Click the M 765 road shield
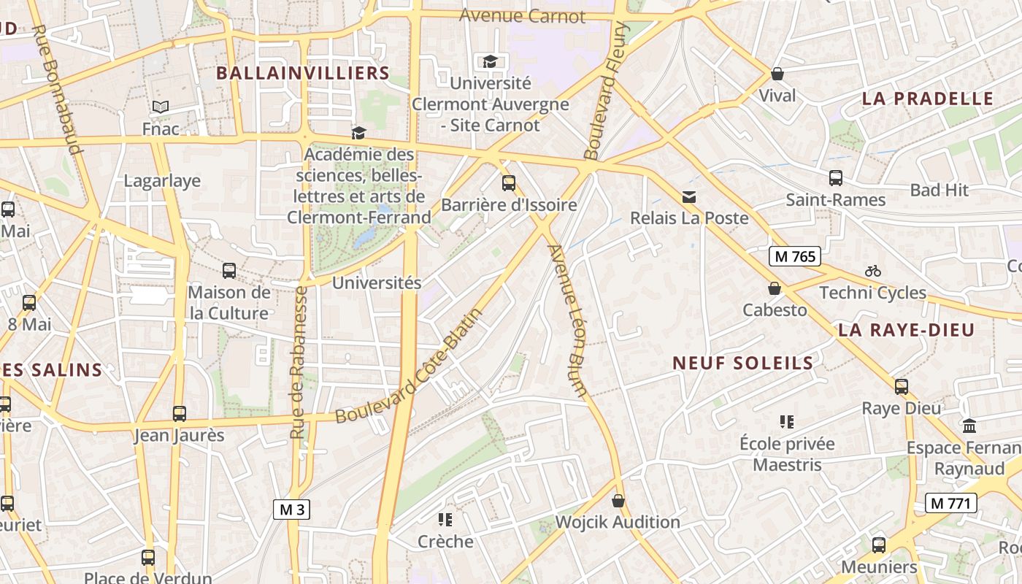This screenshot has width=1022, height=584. tap(795, 256)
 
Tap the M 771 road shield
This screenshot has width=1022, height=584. tap(950, 502)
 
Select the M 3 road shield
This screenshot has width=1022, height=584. tap(292, 510)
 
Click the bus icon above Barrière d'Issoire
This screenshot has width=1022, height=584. tap(509, 182)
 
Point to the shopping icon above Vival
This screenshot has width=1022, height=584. tap(777, 74)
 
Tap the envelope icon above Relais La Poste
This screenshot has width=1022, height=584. tap(689, 196)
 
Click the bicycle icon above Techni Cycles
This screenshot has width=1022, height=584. tap(873, 271)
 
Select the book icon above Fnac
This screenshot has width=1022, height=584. tap(161, 107)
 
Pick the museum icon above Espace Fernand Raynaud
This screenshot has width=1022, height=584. tap(969, 426)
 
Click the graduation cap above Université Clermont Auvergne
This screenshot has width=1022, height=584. tap(490, 61)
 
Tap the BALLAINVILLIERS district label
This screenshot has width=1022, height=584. tap(303, 73)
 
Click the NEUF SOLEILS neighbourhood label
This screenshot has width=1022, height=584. tap(743, 363)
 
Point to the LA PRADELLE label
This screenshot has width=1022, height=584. tap(928, 99)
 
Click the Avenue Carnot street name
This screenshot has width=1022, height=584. tap(522, 15)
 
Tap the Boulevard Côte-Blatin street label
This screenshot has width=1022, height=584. tap(410, 366)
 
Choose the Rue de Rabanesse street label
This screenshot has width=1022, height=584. tap(298, 362)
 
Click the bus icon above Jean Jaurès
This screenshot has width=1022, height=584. tap(180, 414)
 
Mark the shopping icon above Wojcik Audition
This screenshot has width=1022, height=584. tap(618, 500)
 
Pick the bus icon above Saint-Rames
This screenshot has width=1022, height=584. tap(836, 177)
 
